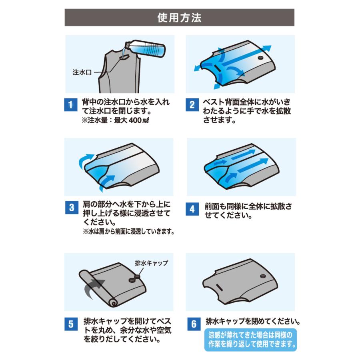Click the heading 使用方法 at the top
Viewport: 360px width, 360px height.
click(x=179, y=18)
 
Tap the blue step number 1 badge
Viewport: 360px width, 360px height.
click(x=70, y=106)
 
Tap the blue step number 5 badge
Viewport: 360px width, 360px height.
click(x=70, y=324)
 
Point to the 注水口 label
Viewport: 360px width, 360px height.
click(x=82, y=72)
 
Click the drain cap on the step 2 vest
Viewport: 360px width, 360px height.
click(x=261, y=58)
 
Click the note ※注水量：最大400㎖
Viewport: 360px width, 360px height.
click(x=112, y=120)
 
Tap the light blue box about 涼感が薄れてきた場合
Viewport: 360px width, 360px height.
click(x=251, y=339)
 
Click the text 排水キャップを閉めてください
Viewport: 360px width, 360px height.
click(x=253, y=321)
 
